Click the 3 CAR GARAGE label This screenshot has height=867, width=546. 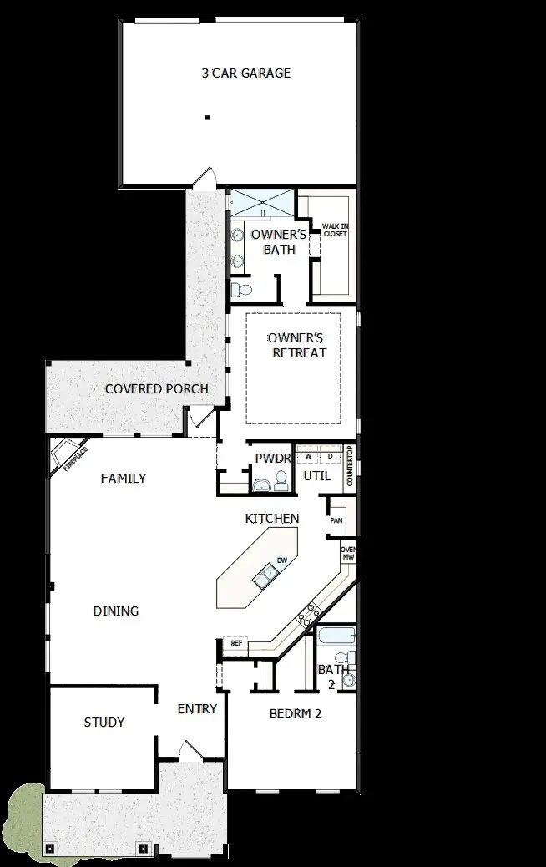coord(246,74)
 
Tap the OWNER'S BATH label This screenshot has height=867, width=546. coord(279,242)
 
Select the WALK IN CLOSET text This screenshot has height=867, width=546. coord(334,230)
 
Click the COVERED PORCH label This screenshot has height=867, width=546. coord(157,389)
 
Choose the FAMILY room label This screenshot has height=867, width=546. coord(124,479)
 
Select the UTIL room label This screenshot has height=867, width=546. coord(317,477)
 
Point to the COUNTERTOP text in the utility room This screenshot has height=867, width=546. coord(351,466)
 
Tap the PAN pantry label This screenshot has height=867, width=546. coord(336,520)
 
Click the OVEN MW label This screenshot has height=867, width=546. coord(348,553)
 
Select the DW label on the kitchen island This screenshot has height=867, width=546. coord(282,560)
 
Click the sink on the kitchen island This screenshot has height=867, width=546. coord(267,574)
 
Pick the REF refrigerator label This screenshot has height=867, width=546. coord(235,644)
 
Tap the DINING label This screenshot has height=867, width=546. coord(116,611)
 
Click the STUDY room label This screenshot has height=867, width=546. coord(104,722)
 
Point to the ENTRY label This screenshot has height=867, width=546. coord(197,709)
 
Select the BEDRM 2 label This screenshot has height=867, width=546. coord(296,714)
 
